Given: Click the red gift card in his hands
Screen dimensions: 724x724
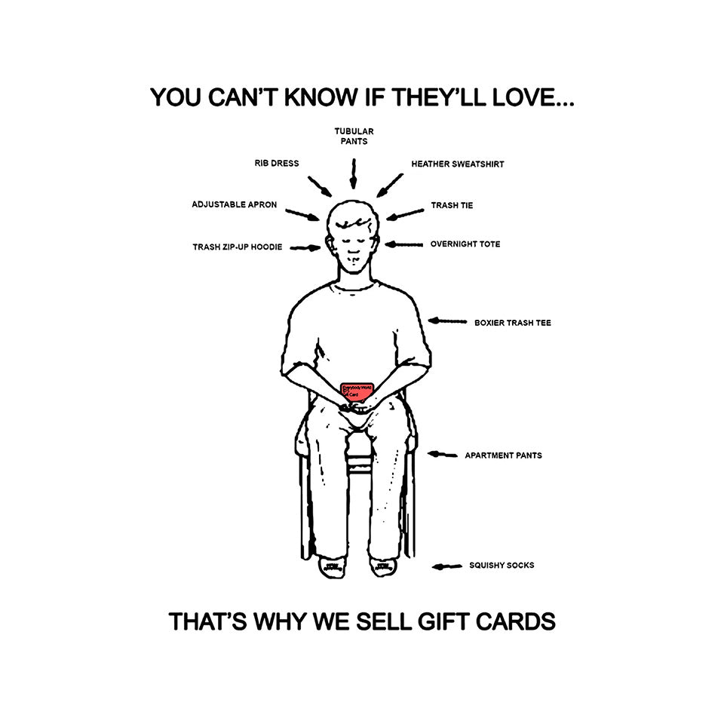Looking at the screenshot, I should pos(357,392).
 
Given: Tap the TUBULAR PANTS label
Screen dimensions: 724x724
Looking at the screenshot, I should pos(354,136).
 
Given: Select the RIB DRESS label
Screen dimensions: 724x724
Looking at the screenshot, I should pos(276,163).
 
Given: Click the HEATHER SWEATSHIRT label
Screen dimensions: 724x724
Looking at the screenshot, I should pos(457,164).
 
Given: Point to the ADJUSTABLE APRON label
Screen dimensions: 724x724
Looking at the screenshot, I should pos(234,204).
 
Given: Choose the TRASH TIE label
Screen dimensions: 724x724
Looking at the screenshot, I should pos(452,205).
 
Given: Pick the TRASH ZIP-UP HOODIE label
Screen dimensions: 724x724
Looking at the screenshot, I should pos(237,247).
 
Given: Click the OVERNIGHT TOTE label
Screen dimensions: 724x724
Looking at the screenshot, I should pos(465,244).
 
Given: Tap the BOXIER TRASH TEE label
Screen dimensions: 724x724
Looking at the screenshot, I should pos(512,323).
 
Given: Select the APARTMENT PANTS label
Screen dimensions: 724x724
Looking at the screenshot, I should pos(503,456).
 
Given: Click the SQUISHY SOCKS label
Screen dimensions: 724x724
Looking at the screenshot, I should pos(501,565).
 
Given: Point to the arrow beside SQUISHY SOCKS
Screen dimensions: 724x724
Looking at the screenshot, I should pos(446,566).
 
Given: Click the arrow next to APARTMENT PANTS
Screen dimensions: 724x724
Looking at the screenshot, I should pos(443,455).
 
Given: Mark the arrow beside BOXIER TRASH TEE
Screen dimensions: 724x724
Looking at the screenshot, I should pos(447,321).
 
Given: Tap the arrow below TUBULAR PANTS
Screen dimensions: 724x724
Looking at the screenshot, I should pos(353,174).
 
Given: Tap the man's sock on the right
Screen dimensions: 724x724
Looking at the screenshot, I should pos(382,566).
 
